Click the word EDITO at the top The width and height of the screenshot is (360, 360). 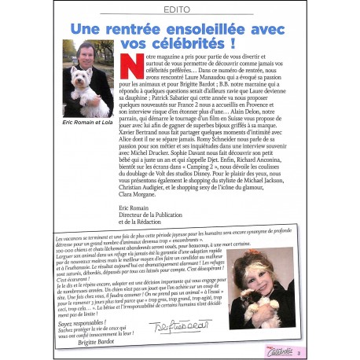(x=179, y=10)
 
